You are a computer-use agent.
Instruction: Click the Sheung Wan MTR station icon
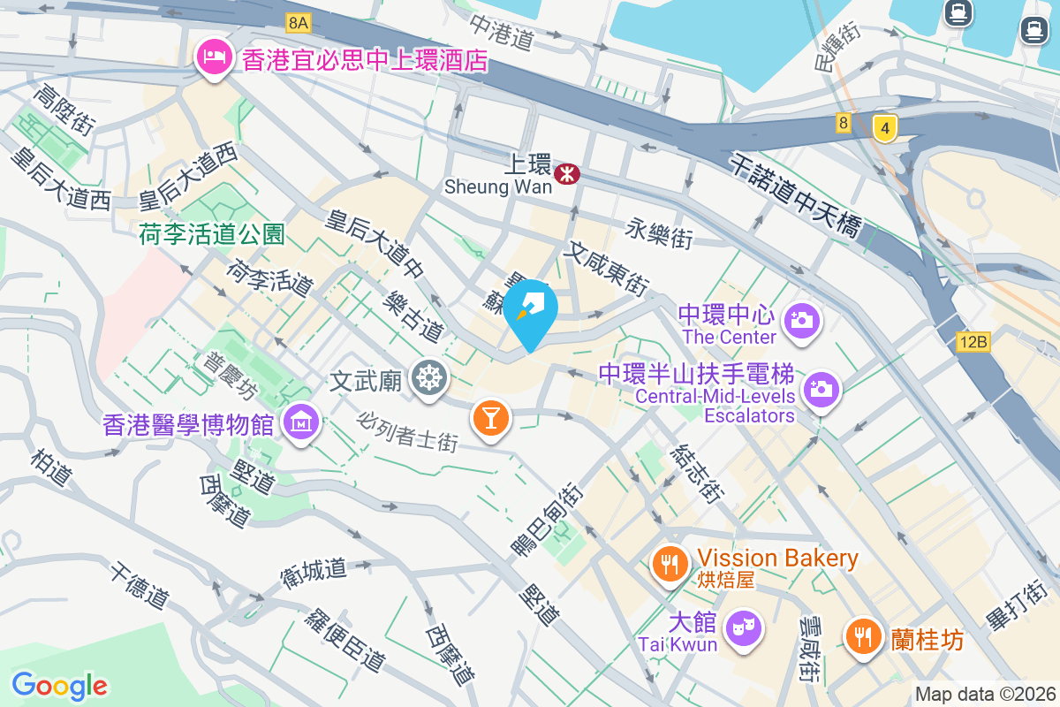566,175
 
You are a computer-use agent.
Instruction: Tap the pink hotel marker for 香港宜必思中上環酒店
213,59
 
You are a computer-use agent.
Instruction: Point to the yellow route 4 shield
883,128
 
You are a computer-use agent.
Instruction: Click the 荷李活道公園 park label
212,234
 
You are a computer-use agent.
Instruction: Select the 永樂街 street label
659,233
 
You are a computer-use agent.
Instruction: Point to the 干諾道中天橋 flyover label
796,194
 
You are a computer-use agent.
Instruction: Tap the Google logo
59,686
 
